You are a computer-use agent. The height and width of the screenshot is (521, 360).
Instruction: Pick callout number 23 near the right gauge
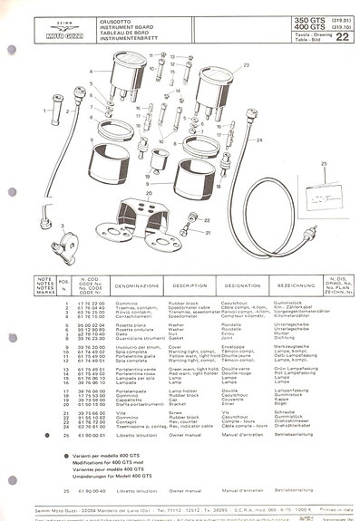(x=245, y=66)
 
